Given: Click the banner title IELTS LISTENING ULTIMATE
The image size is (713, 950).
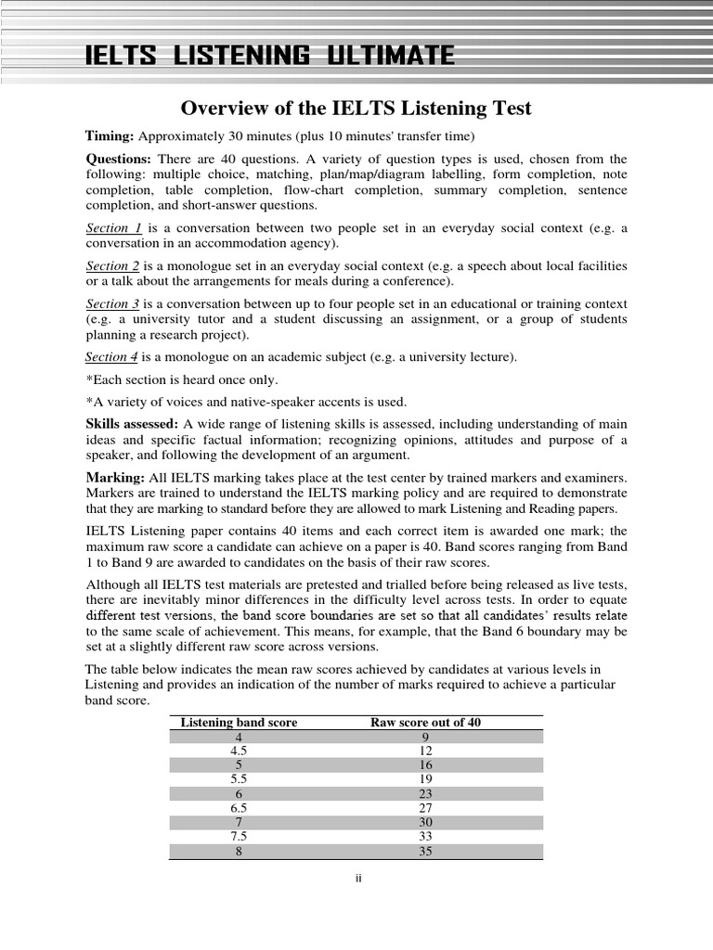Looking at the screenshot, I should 270,57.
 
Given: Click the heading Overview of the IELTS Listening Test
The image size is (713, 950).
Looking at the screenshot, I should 356,109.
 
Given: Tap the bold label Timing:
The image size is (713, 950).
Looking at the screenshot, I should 110,135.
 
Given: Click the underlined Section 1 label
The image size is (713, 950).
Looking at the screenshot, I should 114,228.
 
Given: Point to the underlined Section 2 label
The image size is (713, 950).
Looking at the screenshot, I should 114,266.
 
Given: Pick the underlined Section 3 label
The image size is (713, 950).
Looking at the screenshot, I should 114,304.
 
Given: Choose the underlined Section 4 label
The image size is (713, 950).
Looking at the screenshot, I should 112,357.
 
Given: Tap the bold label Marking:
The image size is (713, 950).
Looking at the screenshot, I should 114,476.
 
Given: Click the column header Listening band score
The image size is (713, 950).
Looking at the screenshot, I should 239,723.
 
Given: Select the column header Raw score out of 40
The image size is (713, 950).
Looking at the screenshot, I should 426,723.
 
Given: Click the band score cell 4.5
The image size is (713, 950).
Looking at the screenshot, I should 239,750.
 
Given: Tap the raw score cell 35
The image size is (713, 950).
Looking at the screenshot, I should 426,852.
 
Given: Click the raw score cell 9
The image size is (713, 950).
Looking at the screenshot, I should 426,737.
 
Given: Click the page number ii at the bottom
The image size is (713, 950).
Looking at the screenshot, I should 356,879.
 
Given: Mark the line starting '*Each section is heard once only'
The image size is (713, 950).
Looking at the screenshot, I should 182,379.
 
